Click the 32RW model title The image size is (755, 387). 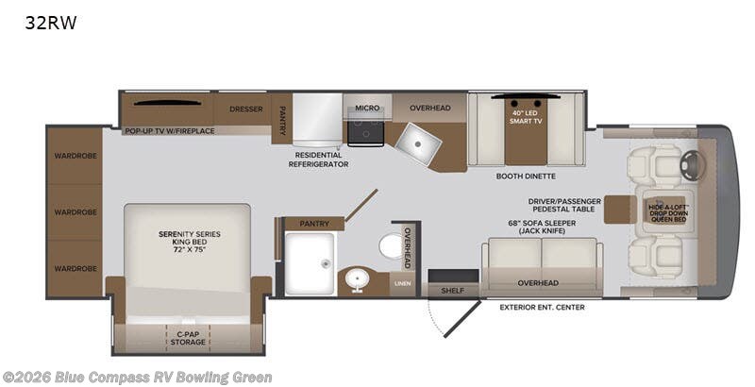[51, 23]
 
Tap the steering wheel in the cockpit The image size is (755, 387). [693, 165]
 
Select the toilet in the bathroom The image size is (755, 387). [393, 246]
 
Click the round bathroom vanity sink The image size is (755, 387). [357, 279]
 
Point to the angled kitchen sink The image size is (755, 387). [417, 143]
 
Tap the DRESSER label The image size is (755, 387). [246, 109]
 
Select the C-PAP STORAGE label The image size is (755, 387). [188, 338]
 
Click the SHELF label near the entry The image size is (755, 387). [453, 291]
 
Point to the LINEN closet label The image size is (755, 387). [403, 283]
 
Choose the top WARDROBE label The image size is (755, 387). [75, 156]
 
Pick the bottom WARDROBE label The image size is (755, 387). [75, 269]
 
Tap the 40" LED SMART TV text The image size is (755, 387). [526, 117]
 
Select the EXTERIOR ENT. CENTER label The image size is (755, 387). [542, 307]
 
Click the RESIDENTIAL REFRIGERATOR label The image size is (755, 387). [319, 160]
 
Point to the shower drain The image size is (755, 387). [326, 263]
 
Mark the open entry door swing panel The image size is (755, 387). [462, 320]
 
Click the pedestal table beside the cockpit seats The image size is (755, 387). [620, 210]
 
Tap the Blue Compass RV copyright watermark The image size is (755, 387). [137, 377]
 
